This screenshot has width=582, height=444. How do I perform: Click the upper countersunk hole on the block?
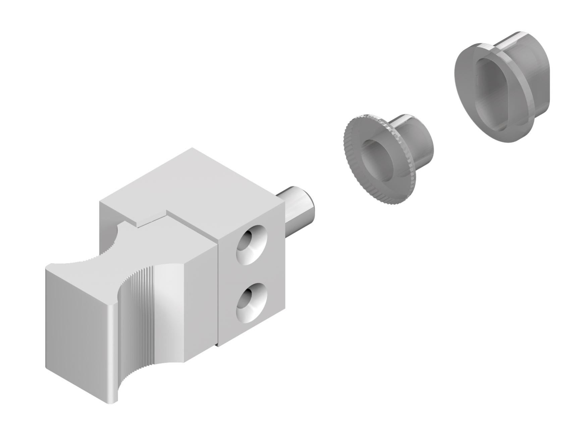tap(251, 244)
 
